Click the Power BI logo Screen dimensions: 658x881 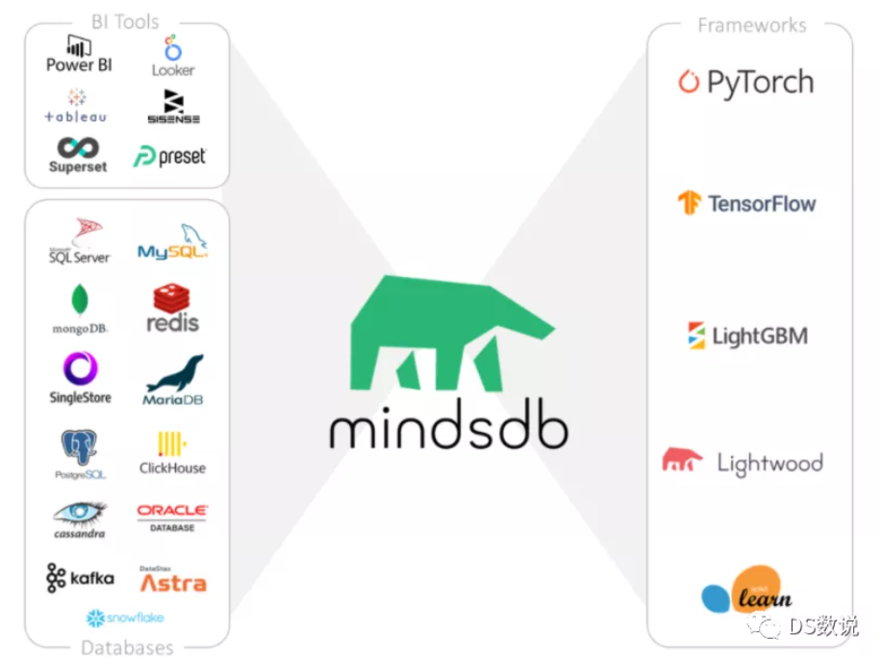click(79, 54)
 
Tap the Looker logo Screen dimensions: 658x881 click(173, 57)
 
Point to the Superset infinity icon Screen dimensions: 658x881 click(78, 148)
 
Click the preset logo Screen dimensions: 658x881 click(170, 156)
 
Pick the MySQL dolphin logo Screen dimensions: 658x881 click(173, 241)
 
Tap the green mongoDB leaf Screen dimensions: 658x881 click(80, 300)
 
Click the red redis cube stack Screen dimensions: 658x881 click(172, 298)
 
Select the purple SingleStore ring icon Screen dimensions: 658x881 click(80, 369)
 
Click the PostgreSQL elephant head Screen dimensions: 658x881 click(80, 447)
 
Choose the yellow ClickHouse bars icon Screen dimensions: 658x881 click(172, 443)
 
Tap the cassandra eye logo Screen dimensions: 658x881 click(80, 513)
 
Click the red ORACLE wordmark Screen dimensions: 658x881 click(172, 511)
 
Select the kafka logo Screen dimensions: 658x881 click(80, 578)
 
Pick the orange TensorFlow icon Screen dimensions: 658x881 click(690, 203)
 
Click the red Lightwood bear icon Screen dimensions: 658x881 click(682, 461)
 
